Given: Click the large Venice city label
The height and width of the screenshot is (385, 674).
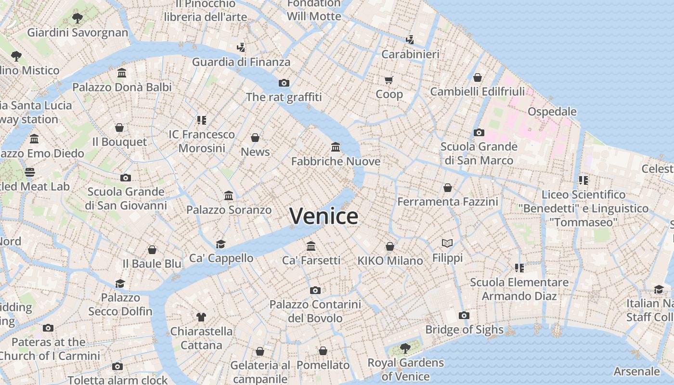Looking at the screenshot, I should pos(324,216).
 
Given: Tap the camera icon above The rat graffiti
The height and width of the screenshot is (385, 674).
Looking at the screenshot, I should pos(284,83).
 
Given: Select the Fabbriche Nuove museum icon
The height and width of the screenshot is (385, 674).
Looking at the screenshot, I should pos(336,147).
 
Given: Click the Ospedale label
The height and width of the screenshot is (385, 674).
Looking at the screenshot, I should pos(552,112).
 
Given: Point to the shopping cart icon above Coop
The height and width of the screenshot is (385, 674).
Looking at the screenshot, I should pos(389,80).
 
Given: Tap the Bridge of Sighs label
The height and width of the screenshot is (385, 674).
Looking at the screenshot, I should pos(464,330).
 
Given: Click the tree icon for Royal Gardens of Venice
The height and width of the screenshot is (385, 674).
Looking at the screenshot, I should pos(405,347).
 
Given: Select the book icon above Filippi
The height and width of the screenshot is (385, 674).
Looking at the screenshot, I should pos(447,243).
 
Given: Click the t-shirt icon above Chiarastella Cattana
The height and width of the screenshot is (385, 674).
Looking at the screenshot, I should pos(201,317).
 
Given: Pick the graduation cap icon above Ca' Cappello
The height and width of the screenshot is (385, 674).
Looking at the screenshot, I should pos(220,244).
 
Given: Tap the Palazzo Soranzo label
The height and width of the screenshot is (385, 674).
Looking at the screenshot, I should pos(229,210).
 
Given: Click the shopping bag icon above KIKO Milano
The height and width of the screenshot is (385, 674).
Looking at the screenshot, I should pos(390,246).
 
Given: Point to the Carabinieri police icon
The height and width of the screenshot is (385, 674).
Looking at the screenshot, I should pos(410,39).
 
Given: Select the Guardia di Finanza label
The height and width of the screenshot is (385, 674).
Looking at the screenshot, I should pos(241,62).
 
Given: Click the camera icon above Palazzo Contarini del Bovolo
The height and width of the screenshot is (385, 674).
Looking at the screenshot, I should pos(315,290).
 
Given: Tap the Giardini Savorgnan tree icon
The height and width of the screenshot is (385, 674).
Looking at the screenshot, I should pos(77,18).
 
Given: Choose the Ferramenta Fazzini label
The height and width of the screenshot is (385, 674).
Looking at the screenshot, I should pos(447,202).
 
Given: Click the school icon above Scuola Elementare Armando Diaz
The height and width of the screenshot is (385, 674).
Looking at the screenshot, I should pos(519,268).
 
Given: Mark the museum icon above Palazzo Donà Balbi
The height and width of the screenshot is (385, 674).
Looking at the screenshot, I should pos(122,73).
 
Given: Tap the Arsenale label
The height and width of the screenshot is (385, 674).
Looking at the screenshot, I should pos(636,371).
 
